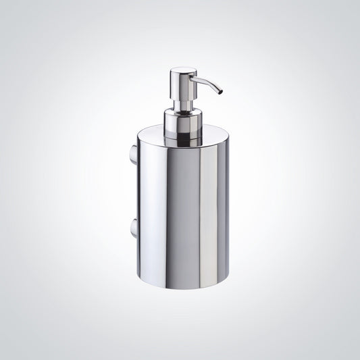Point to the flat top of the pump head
180,70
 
